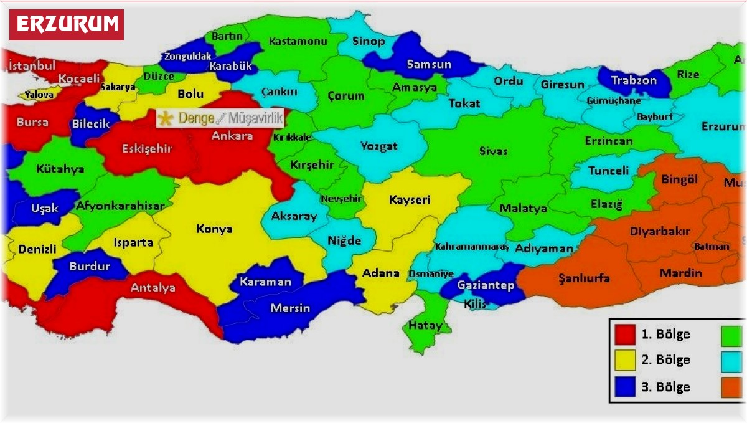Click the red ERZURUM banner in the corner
[x=67, y=24]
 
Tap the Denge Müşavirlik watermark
[x=220, y=118]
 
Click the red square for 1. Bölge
[x=624, y=334]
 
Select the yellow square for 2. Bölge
[x=624, y=360]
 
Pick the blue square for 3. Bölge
[x=624, y=386]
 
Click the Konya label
[x=214, y=229]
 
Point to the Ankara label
[x=232, y=136]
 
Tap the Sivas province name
[x=494, y=151]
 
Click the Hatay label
[x=426, y=325]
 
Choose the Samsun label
[x=429, y=64]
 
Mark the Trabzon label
[x=634, y=80]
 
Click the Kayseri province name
[x=410, y=200]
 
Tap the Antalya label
[x=153, y=288]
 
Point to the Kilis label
[x=476, y=303]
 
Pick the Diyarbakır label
[x=660, y=231]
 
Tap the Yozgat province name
[x=378, y=146]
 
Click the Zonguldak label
[x=188, y=56]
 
